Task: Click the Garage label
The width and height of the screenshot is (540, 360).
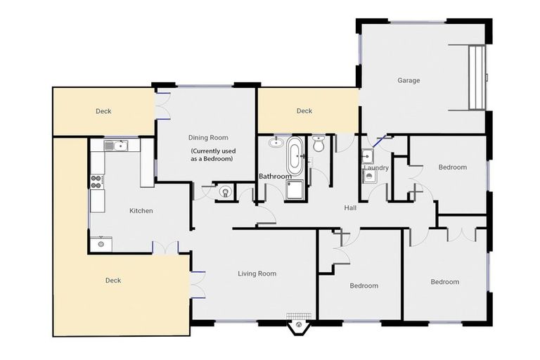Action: click(409, 80)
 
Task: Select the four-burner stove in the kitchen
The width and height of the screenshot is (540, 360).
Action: click(96, 181)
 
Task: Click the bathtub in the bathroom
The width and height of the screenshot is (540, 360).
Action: click(294, 155)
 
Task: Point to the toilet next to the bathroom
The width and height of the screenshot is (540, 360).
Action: click(318, 144)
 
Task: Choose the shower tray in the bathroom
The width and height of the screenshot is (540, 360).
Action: click(295, 189)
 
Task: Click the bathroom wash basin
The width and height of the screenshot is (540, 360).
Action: click(274, 141)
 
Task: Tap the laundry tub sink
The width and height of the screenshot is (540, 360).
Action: click(367, 156)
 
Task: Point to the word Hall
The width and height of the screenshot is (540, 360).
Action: click(351, 208)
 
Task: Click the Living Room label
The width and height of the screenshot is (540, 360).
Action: click(257, 274)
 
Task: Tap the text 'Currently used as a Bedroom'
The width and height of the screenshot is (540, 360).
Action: click(213, 155)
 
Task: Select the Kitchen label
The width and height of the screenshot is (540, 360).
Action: click(141, 210)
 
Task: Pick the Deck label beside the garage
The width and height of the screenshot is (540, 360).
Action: click(304, 110)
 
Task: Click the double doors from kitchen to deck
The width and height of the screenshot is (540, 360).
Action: click(166, 247)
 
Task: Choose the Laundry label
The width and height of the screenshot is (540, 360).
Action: click(376, 168)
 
